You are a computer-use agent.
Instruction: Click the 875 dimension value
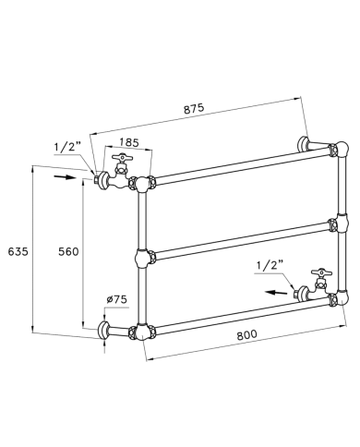pos(194,109)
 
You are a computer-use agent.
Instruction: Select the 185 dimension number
pos(129,142)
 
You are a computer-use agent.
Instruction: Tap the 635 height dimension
pos(18,251)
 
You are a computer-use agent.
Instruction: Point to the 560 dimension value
pos(68,252)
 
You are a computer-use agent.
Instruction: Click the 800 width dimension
pos(246,334)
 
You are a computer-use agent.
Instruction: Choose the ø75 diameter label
pos(116,299)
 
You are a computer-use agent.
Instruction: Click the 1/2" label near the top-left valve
pos(67,147)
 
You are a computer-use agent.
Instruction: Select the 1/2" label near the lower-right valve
pos(270,265)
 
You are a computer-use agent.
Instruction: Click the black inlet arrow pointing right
pos(65,177)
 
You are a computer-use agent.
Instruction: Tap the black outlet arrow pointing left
pos(277,292)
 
